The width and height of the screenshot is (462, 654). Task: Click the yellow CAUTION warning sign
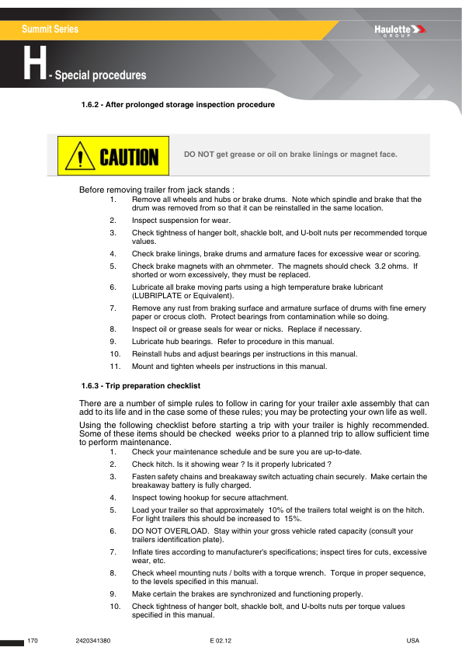(113, 155)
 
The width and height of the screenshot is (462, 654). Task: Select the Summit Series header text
(50, 30)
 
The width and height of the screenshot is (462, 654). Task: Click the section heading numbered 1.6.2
(178, 104)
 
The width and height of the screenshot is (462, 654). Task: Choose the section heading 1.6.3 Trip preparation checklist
(141, 385)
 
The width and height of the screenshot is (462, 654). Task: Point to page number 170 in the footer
(33, 641)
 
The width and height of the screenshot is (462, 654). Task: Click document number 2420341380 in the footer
(94, 641)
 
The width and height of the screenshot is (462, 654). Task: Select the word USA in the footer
(412, 641)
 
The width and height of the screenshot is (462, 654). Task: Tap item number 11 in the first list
(114, 367)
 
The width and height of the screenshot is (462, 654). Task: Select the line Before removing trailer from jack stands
(157, 190)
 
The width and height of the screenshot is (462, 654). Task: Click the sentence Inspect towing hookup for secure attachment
(210, 497)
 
